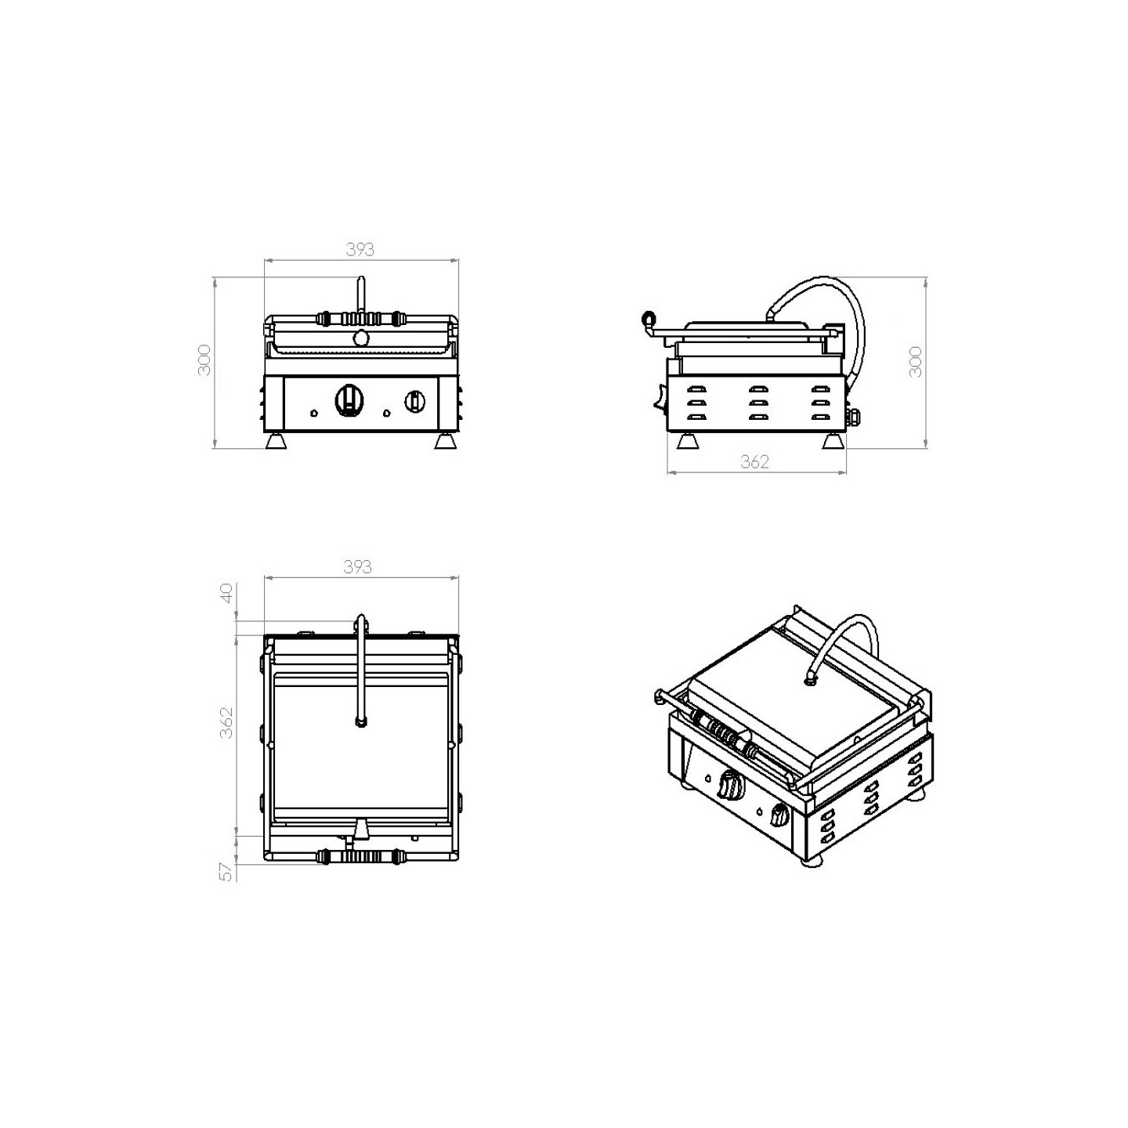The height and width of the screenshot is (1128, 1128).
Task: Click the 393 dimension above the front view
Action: [x=360, y=249]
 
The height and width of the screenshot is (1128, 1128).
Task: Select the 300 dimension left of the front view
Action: [x=204, y=360]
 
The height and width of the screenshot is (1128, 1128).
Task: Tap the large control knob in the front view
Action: [x=349, y=400]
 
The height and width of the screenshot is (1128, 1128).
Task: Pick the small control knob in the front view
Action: [x=414, y=400]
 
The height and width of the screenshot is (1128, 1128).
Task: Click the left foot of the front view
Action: [x=277, y=441]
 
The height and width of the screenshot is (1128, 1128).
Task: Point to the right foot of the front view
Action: [x=446, y=441]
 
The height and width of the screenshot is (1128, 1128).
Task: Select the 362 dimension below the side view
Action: [x=754, y=462]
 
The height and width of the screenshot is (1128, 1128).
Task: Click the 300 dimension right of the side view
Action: [x=916, y=362]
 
